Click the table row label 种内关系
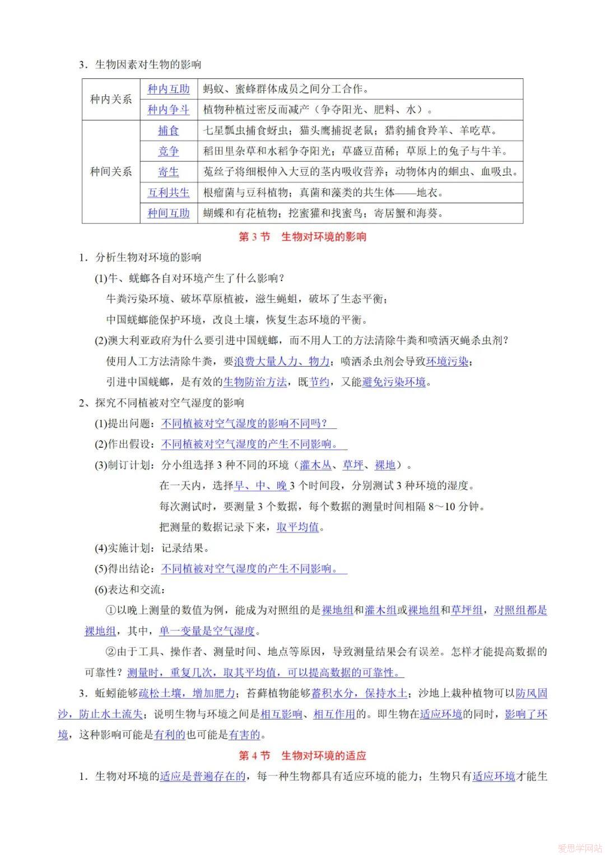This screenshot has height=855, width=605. tap(111, 99)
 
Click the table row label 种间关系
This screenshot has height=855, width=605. tap(111, 171)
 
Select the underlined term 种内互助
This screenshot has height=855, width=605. tap(169, 89)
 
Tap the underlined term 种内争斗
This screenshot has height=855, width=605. tap(169, 110)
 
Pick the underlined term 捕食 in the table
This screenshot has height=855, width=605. tap(169, 130)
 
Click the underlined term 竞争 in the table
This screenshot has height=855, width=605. tap(169, 151)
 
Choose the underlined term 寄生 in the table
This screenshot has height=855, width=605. tap(169, 172)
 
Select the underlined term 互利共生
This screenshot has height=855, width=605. tap(169, 193)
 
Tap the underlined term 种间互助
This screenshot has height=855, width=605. tap(169, 213)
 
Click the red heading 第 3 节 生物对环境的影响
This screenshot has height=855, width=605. tap(302, 237)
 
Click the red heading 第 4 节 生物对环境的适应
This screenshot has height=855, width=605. tap(302, 755)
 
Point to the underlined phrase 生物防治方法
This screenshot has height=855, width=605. tap(255, 382)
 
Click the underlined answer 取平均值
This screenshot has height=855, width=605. tap(297, 527)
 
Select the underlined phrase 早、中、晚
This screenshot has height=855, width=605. tap(260, 485)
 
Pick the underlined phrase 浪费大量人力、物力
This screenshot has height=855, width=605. tap(282, 362)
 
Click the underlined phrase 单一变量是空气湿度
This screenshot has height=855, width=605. tap(207, 631)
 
